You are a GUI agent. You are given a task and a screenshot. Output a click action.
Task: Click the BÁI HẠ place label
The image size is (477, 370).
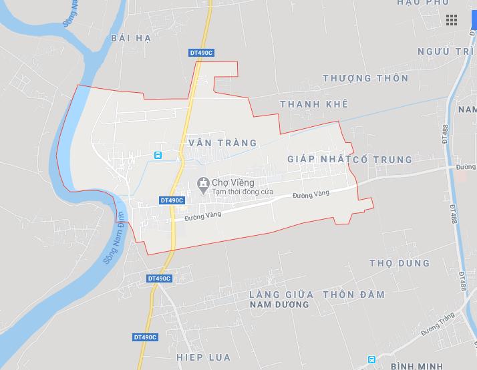[132, 38]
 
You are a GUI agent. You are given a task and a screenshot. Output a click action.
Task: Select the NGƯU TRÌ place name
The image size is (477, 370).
[443, 51]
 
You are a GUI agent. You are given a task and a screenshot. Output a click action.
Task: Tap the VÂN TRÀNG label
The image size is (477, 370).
[214, 143]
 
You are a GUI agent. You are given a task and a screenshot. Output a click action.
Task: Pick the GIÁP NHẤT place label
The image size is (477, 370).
[315, 160]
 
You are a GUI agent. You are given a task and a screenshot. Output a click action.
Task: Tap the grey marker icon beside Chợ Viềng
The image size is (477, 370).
[202, 182]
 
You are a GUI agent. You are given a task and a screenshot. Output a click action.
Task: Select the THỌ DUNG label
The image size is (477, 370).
[400, 262]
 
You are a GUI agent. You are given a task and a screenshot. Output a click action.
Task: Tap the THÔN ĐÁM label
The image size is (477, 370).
[353, 295]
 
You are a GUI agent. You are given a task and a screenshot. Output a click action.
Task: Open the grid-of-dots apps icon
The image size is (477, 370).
[452, 20]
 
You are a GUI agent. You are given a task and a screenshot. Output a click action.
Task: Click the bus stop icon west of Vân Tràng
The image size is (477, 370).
[158, 155]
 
